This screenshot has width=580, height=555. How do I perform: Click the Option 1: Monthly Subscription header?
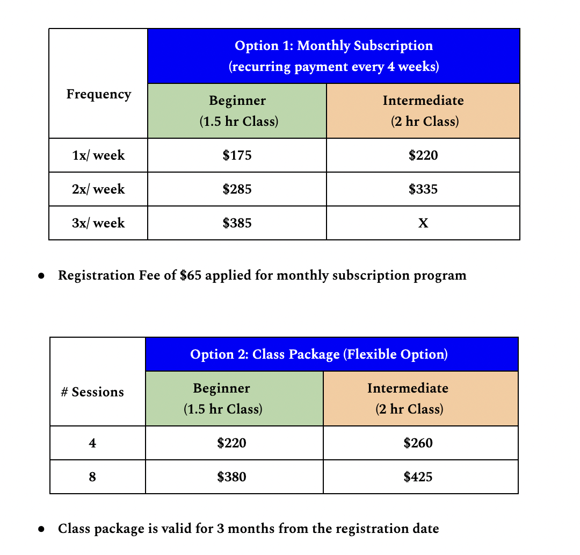click(x=334, y=56)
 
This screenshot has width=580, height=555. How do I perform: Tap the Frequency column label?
click(x=98, y=94)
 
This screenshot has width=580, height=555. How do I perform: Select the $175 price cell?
click(x=237, y=155)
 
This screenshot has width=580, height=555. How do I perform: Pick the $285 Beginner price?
click(x=237, y=189)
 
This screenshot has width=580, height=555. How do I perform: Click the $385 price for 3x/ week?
click(x=237, y=223)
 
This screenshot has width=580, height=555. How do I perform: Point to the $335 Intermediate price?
click(x=423, y=189)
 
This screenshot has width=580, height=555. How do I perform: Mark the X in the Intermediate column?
click(x=423, y=223)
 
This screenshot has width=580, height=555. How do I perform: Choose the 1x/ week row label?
click(x=98, y=155)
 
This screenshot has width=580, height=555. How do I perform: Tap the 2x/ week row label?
click(x=98, y=189)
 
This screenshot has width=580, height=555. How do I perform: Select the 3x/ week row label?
click(x=98, y=223)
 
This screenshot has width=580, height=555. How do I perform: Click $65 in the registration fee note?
click(x=190, y=275)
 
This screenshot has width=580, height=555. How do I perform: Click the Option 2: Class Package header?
click(x=319, y=354)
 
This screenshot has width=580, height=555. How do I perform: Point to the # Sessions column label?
click(x=92, y=392)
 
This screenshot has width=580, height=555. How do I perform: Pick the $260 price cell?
click(x=418, y=443)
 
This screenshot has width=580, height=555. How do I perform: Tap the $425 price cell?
click(x=418, y=476)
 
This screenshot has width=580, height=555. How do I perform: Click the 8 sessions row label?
click(x=92, y=476)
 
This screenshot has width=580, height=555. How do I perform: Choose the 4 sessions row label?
click(x=92, y=443)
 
